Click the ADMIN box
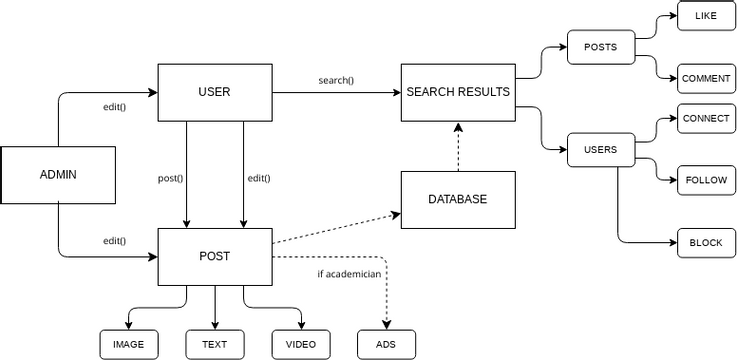(x=58, y=175)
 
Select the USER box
(x=214, y=92)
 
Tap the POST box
(x=214, y=256)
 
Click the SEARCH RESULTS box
(x=458, y=92)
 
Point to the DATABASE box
(x=458, y=199)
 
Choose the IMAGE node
(x=128, y=344)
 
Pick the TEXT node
(x=214, y=344)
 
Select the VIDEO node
(x=300, y=344)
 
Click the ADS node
(x=386, y=344)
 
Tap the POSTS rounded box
(x=600, y=47)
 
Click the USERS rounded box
(x=600, y=150)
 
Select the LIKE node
(x=707, y=16)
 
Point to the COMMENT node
(x=707, y=78)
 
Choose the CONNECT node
(x=707, y=118)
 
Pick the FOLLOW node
(x=707, y=181)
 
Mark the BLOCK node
(x=707, y=243)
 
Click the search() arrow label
(x=336, y=80)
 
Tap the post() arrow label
(x=171, y=178)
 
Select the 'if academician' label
(x=348, y=273)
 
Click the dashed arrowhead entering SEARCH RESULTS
(x=458, y=128)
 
